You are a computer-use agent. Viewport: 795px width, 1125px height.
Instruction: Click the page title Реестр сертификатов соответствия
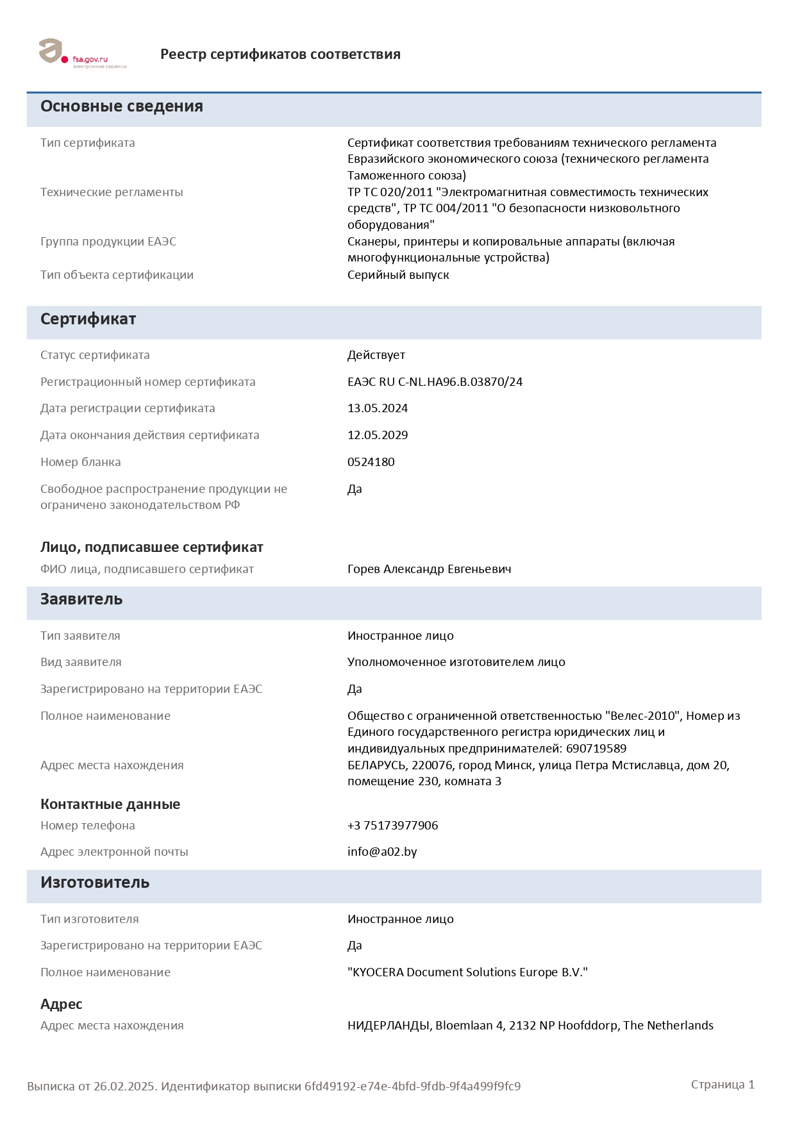pyautogui.click(x=280, y=54)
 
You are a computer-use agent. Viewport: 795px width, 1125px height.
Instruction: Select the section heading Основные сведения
pyautogui.click(x=122, y=106)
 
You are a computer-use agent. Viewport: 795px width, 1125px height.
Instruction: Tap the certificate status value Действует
pyautogui.click(x=376, y=355)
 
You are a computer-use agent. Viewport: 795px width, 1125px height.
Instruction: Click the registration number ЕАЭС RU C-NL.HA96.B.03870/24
pyautogui.click(x=435, y=382)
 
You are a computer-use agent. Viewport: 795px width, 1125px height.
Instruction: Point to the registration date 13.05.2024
pyautogui.click(x=378, y=408)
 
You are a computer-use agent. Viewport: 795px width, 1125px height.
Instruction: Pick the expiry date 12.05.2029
pyautogui.click(x=378, y=435)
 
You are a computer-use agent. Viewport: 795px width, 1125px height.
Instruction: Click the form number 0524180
pyautogui.click(x=371, y=462)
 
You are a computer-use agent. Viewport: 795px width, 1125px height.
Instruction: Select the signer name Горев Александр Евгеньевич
pyautogui.click(x=429, y=569)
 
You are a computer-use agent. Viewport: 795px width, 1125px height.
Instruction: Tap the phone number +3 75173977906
pyautogui.click(x=392, y=826)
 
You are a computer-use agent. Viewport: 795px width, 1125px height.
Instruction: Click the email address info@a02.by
pyautogui.click(x=382, y=852)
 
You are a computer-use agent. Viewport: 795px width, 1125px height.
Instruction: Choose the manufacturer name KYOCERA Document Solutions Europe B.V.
pyautogui.click(x=467, y=972)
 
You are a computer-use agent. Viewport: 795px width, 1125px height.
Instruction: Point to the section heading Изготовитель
pyautogui.click(x=95, y=883)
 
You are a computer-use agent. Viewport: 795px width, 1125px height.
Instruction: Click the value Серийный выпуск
pyautogui.click(x=398, y=275)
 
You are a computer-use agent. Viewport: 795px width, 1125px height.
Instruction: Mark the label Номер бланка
pyautogui.click(x=81, y=462)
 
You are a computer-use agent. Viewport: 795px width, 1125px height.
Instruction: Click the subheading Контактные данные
pyautogui.click(x=110, y=804)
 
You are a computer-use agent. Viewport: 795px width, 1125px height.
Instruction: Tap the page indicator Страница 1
pyautogui.click(x=723, y=1085)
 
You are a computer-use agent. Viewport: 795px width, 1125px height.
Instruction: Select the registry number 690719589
pyautogui.click(x=596, y=749)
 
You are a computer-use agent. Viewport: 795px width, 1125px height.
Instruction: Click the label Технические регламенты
pyautogui.click(x=112, y=192)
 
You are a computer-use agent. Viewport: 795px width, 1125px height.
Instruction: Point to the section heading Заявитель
pyautogui.click(x=81, y=599)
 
